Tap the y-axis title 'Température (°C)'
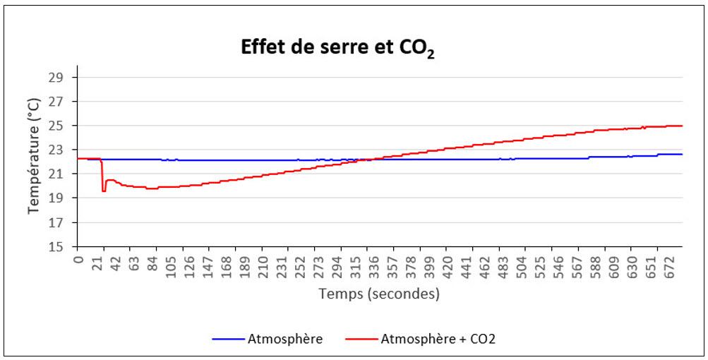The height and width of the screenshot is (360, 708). (34, 156)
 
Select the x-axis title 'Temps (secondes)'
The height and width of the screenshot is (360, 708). (379, 293)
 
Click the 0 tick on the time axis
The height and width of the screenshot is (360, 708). (78, 259)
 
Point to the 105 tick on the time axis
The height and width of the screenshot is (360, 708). (171, 265)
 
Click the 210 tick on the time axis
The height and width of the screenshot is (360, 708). (263, 265)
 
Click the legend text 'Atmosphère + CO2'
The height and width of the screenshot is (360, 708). (438, 339)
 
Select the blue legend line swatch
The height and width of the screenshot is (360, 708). (228, 340)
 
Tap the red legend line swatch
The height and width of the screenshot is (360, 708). (361, 340)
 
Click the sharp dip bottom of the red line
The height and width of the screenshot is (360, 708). (104, 191)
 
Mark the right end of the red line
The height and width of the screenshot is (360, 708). (682, 126)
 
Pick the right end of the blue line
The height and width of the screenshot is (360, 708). (682, 154)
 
